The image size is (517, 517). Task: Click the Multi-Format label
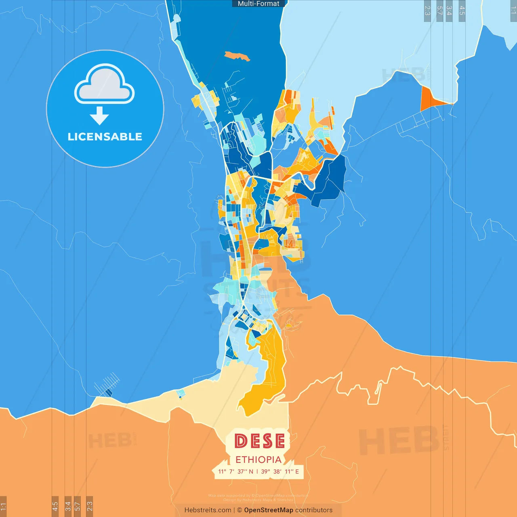click(x=258, y=4)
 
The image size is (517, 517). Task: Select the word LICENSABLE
click(x=105, y=137)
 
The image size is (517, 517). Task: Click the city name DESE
click(x=259, y=441)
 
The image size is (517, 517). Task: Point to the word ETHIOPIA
click(x=258, y=460)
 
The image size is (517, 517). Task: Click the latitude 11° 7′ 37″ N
click(x=236, y=471)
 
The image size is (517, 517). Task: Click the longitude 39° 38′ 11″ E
click(x=280, y=471)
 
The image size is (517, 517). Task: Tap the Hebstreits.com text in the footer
click(x=208, y=510)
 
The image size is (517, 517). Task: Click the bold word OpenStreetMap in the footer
click(x=268, y=510)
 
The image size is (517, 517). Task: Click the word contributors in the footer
click(x=314, y=510)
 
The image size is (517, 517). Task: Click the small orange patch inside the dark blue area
click(x=237, y=56)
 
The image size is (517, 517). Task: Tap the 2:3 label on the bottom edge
click(x=90, y=506)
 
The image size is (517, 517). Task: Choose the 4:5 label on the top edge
click(x=462, y=11)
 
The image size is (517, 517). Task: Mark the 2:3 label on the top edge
click(x=427, y=11)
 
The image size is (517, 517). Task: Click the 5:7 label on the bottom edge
click(x=77, y=506)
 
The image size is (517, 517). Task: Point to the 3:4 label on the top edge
click(x=449, y=11)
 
